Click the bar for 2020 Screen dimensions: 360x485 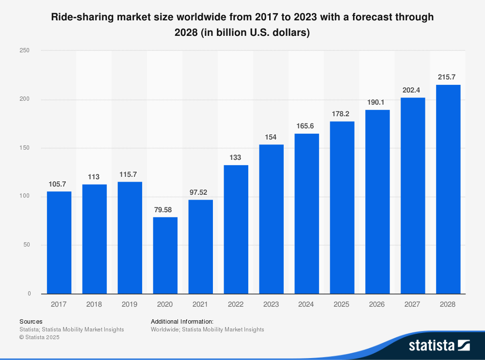click(x=165, y=255)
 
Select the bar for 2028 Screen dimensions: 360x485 click(x=448, y=189)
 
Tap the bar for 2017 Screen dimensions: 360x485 click(x=59, y=242)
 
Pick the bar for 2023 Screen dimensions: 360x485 click(x=271, y=219)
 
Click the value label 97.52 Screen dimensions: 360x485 click(x=201, y=192)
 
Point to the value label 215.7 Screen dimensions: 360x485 click(x=448, y=77)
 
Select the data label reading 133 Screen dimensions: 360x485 click(x=236, y=157)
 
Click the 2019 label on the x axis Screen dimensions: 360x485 click(x=129, y=304)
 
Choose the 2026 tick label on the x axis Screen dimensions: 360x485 click(x=377, y=304)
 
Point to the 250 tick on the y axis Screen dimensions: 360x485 click(x=25, y=50)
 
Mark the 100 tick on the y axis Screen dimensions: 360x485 click(x=25, y=196)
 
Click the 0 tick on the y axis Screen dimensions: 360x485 click(x=29, y=294)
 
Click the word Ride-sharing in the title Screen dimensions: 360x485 click(x=82, y=17)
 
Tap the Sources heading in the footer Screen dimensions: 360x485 click(x=31, y=321)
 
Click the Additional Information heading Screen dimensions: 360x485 click(x=182, y=321)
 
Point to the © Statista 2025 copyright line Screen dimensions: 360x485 click(x=39, y=337)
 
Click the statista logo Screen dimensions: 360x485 click(x=439, y=345)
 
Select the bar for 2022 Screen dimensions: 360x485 click(x=236, y=229)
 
